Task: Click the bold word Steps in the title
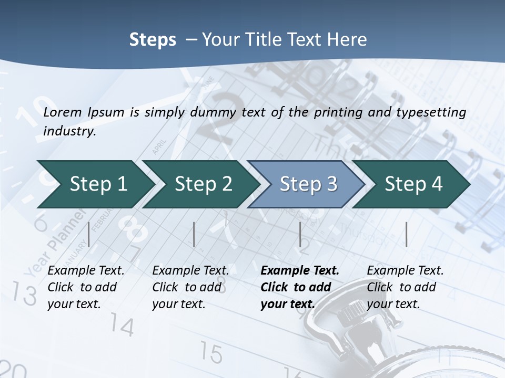tap(153, 40)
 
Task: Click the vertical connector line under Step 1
tap(89, 234)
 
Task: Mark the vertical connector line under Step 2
tap(194, 234)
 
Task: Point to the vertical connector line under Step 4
tap(406, 234)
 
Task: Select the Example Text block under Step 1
tap(86, 287)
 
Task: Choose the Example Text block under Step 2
tap(190, 287)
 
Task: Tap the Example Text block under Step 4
tap(405, 287)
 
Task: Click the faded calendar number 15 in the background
tap(211, 353)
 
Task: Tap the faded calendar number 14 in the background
tap(122, 327)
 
